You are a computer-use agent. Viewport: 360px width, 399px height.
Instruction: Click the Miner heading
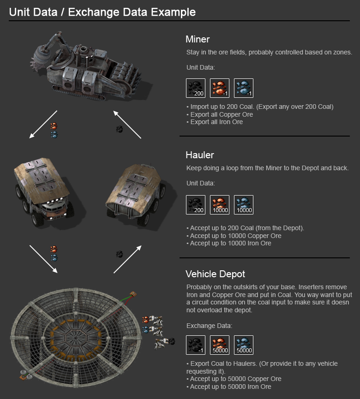(x=198, y=39)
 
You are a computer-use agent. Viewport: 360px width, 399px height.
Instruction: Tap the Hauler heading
(x=200, y=155)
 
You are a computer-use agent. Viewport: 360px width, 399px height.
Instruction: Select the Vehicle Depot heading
(x=216, y=274)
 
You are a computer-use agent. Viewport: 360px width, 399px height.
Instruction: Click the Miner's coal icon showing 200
(x=196, y=88)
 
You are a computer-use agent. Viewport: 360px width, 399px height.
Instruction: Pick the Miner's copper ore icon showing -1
(x=220, y=88)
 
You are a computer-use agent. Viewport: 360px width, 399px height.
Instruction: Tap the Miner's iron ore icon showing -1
(x=244, y=88)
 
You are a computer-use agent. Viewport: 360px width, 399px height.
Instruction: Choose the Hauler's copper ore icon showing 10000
(x=220, y=205)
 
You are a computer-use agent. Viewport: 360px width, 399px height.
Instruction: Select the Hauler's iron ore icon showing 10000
(x=244, y=205)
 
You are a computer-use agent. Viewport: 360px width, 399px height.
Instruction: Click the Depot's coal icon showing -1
(x=196, y=345)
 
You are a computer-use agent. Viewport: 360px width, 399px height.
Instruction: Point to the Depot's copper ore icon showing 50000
(x=220, y=345)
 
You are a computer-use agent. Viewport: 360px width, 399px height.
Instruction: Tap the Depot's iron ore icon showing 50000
(x=244, y=345)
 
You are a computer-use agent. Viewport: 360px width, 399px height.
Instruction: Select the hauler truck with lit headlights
(x=42, y=192)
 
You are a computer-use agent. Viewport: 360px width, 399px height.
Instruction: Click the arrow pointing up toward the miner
(x=127, y=125)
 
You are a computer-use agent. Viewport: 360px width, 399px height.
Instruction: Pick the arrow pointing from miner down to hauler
(x=43, y=125)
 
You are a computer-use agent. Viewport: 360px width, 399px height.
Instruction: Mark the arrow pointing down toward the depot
(x=43, y=259)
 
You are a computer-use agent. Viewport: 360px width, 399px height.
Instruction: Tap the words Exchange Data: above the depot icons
(x=209, y=326)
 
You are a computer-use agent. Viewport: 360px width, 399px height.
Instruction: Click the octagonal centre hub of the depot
(x=76, y=338)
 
